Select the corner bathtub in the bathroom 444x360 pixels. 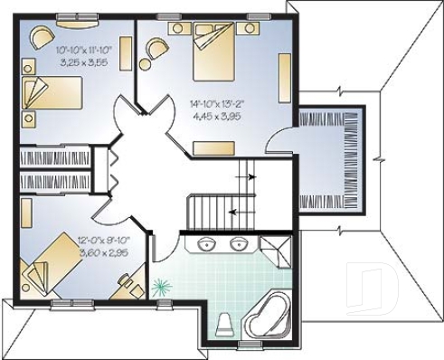click(x=265, y=314)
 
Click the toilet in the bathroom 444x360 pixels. click(x=226, y=323)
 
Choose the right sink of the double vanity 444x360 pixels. click(x=240, y=243)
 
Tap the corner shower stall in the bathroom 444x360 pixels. click(x=276, y=246)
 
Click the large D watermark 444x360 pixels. click(x=380, y=289)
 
